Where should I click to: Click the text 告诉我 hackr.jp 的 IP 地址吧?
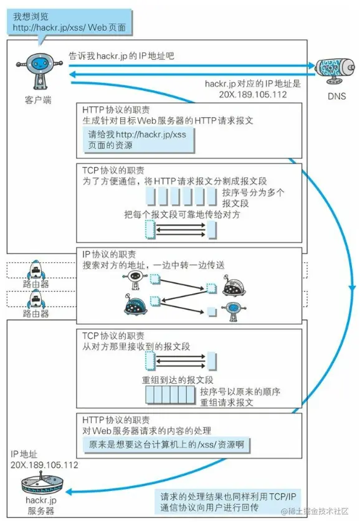point(122,55)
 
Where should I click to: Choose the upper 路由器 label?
point(36,284)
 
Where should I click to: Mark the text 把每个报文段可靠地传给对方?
point(182,214)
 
